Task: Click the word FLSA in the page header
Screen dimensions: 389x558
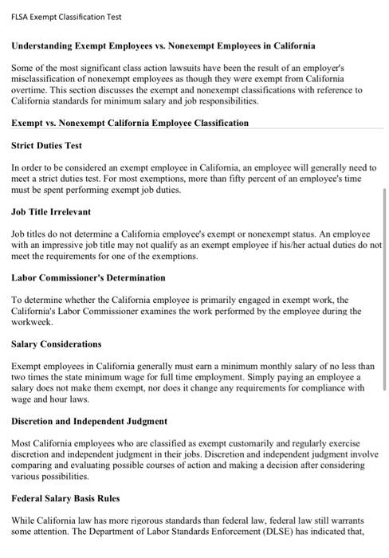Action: click(20, 16)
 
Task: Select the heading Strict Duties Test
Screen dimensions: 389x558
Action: click(47, 146)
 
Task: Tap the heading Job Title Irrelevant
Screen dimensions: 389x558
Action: click(51, 212)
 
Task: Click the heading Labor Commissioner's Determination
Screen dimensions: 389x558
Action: click(88, 278)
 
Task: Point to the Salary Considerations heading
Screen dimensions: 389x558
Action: click(57, 344)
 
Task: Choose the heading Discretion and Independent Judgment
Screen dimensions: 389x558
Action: click(89, 421)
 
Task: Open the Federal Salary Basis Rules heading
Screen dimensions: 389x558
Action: click(65, 498)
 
